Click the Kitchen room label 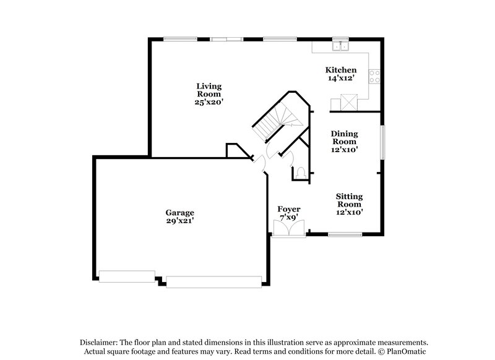coord(341,70)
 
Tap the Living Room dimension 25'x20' coord(209,102)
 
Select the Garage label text coord(179,212)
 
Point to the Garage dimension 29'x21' coord(179,220)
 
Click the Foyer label coord(288,209)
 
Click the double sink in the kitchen coord(340,46)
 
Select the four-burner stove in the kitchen coord(374,76)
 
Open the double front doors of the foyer coord(288,228)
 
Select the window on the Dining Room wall coord(383,142)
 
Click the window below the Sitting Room coord(345,234)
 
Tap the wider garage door coord(213,281)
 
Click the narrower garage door coord(127,276)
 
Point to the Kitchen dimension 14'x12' coord(341,79)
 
